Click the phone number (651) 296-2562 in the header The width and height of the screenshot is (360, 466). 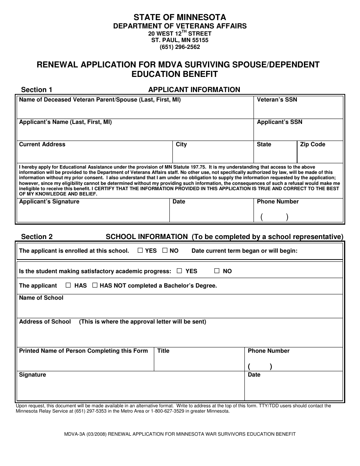(x=180, y=47)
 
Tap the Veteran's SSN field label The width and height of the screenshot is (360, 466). (x=277, y=100)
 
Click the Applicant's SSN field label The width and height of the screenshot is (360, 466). (x=280, y=122)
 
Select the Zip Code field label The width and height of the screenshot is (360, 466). (x=313, y=144)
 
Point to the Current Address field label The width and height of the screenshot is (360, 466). (x=42, y=144)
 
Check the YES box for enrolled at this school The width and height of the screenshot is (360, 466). (x=140, y=250)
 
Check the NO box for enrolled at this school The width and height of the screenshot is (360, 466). (x=165, y=250)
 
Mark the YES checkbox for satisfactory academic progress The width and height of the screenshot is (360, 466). (x=180, y=271)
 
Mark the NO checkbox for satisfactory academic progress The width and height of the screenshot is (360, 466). (x=217, y=271)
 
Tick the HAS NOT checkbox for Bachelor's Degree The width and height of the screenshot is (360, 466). (x=95, y=285)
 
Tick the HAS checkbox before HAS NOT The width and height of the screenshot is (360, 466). (x=68, y=285)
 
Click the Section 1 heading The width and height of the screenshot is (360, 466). (x=37, y=90)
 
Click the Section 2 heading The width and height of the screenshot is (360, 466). (x=37, y=237)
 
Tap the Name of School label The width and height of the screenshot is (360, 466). (x=41, y=298)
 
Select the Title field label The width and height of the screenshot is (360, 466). (x=163, y=351)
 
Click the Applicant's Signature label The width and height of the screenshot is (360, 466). (x=49, y=202)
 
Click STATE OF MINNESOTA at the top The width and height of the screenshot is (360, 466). (x=180, y=17)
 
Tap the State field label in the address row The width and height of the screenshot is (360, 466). (x=264, y=144)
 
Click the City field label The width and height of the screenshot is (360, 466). (x=181, y=144)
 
